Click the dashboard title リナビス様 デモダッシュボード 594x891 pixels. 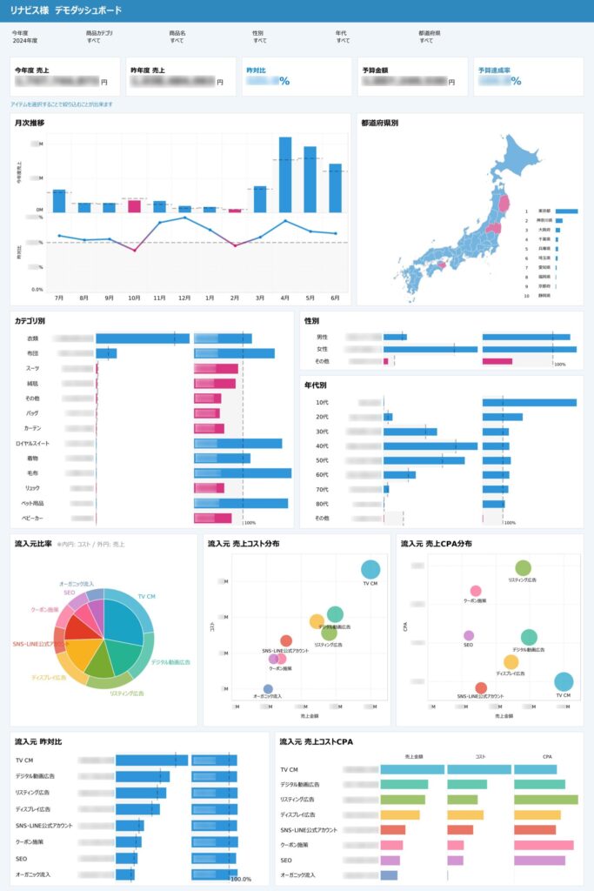point(66,10)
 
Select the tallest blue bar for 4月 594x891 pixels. point(285,174)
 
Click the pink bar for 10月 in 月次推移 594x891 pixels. point(134,205)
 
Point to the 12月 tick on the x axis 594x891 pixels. point(184,298)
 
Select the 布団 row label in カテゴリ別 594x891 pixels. point(33,353)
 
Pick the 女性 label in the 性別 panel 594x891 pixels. point(322,349)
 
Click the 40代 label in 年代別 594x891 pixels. point(322,446)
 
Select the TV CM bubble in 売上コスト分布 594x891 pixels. point(370,570)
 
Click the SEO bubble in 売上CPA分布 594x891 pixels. point(469,636)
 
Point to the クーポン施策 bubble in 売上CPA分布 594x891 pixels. point(476,591)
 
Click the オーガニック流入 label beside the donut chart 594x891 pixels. point(77,584)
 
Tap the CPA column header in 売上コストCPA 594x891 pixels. point(547,757)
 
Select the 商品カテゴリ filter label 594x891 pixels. point(99,33)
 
